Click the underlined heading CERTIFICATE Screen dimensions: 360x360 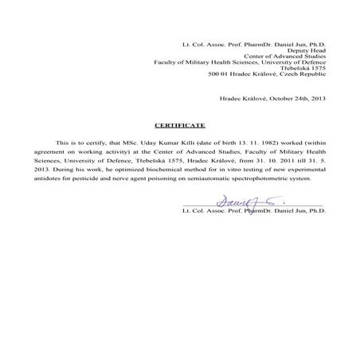[x=180, y=126]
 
